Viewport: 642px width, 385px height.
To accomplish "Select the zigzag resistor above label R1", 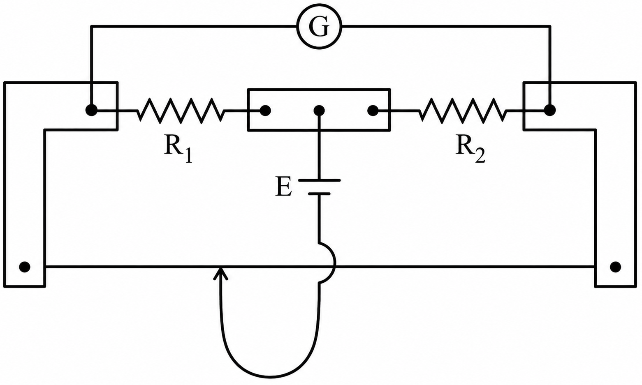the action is tap(181, 111).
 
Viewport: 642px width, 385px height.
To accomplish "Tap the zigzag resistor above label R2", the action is tap(463, 111).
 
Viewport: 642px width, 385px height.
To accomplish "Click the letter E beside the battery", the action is tap(283, 187).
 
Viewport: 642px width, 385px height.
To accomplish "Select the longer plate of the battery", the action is tap(319, 180).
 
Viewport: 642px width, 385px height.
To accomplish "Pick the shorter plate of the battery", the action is tap(319, 194).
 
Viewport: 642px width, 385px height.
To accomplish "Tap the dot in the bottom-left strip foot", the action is tap(25, 267).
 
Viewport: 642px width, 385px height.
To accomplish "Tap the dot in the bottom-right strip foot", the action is tap(615, 267).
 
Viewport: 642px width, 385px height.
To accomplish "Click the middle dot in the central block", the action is tap(319, 111).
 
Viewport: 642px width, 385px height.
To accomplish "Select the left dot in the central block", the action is tap(265, 111).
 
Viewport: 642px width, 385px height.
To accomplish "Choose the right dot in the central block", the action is tap(373, 111).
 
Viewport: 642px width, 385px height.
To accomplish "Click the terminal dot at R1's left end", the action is tap(91, 110).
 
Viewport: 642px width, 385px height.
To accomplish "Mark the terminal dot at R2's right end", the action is tap(550, 110).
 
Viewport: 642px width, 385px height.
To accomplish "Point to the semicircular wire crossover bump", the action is tap(334, 263).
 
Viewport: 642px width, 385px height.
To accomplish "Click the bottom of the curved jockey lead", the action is tap(270, 377).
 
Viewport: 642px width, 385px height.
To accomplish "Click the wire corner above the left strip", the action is tap(91, 26).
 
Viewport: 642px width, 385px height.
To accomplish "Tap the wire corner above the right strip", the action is tap(550, 26).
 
